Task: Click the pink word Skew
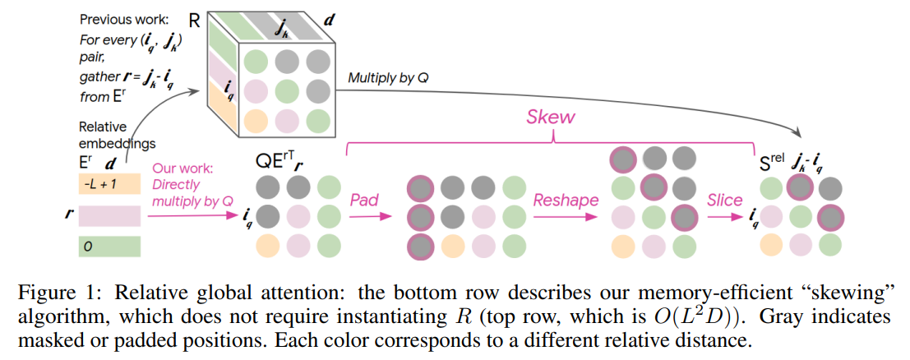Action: point(551,118)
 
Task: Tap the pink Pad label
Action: point(365,200)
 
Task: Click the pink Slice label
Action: point(725,200)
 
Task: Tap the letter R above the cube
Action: point(195,16)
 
